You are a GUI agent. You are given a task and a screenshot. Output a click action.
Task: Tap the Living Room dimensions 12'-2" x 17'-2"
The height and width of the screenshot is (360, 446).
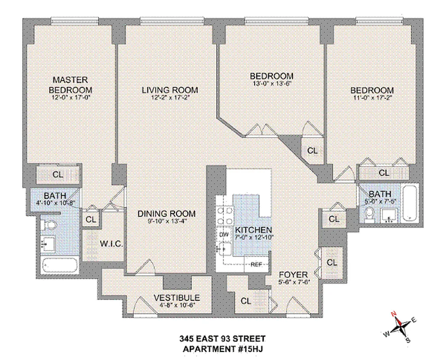click(169, 97)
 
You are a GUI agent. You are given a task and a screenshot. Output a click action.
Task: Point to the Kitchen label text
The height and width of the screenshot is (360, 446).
click(253, 229)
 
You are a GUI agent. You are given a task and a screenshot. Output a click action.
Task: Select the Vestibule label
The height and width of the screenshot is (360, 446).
click(176, 297)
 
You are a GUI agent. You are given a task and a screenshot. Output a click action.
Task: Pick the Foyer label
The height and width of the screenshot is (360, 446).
click(293, 274)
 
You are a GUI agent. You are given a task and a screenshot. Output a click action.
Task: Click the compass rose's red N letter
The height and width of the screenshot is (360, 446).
click(393, 314)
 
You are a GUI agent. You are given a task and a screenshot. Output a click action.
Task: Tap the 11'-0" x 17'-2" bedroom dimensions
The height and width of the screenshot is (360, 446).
click(372, 97)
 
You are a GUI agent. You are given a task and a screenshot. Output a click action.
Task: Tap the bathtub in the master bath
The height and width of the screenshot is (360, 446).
click(59, 265)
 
